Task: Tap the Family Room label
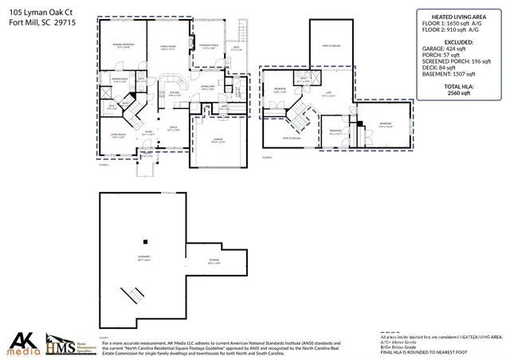167,47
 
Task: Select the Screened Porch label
210,47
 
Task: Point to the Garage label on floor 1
216,141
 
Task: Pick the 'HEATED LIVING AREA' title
460,16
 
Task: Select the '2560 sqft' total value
460,92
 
